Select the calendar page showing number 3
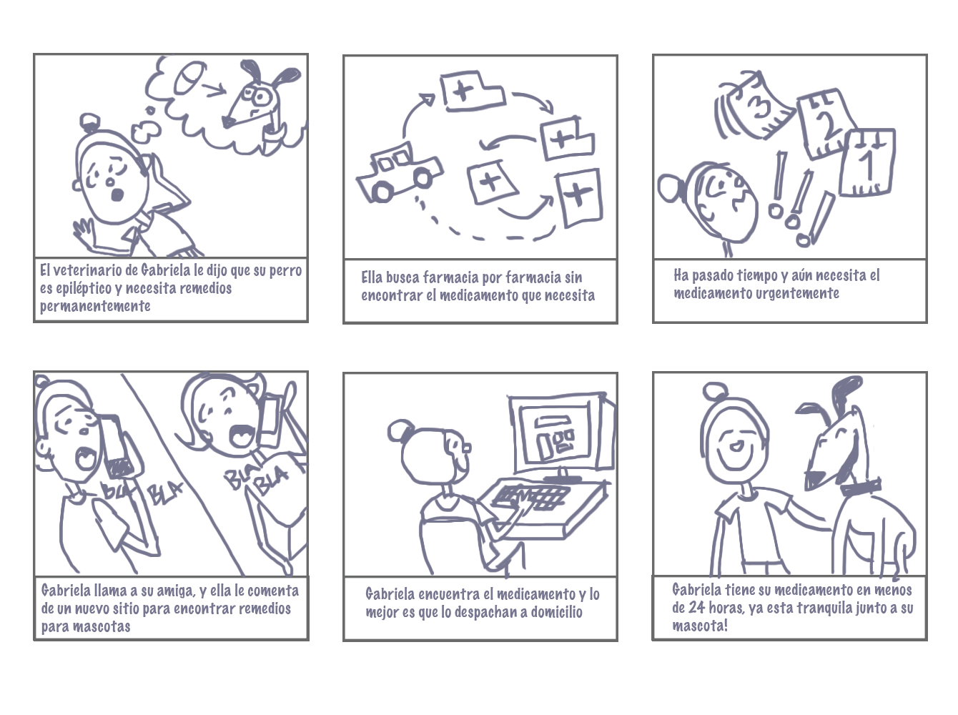click(x=754, y=105)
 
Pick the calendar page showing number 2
click(x=825, y=124)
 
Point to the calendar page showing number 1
click(x=866, y=162)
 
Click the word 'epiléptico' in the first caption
click(x=82, y=289)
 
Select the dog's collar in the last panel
click(x=860, y=487)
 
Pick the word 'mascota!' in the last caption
click(x=700, y=626)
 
